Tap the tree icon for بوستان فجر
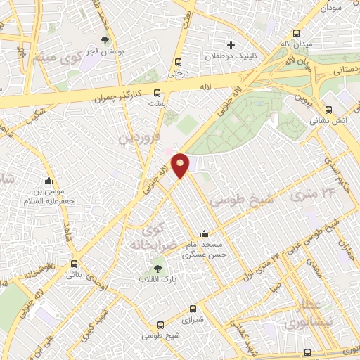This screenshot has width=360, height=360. coord(105,40)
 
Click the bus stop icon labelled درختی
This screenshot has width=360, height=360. coord(177,61)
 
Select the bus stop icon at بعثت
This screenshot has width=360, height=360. coord(156,92)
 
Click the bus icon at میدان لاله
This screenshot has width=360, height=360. coord(297,33)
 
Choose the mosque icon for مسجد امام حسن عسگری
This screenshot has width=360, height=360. coord(205,233)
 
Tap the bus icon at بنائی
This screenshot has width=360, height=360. coord(74,264)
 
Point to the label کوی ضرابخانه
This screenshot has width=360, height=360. coord(149,237)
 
